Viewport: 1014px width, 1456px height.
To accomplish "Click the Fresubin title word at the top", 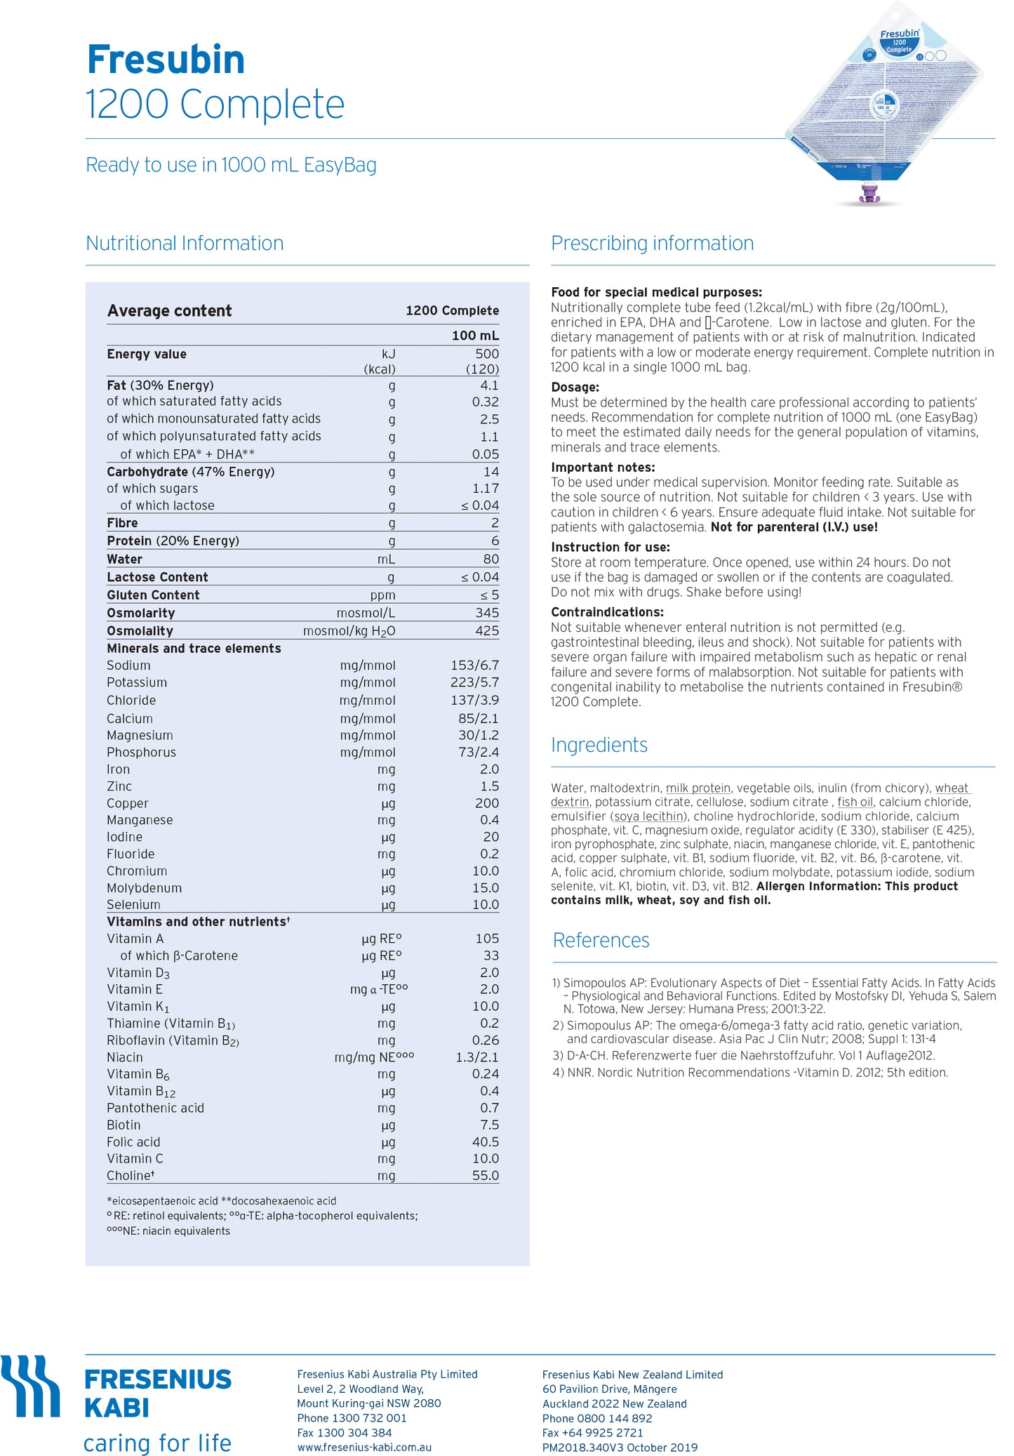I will tap(166, 60).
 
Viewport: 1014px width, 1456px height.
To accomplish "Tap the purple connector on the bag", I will tap(871, 193).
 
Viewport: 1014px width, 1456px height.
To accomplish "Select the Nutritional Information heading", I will tap(185, 243).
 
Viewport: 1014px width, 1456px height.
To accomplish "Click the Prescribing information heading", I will tap(652, 243).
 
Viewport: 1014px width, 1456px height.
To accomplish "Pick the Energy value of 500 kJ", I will tap(486, 354).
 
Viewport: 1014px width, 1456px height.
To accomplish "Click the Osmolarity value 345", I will tap(486, 613).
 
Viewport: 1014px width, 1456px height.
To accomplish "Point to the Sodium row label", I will tap(128, 666).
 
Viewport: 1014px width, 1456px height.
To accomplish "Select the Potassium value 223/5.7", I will tap(474, 682).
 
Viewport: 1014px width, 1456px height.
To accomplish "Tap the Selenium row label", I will tap(133, 905).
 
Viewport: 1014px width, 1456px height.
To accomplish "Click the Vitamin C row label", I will tap(135, 1158).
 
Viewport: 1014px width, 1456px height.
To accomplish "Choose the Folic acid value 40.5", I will tap(485, 1142).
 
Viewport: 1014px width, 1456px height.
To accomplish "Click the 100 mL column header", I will tap(475, 336).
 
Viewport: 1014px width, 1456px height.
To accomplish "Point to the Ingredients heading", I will tap(599, 745).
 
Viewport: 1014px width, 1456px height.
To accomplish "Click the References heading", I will tap(601, 940).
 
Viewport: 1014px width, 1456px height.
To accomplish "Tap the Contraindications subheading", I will tap(607, 612).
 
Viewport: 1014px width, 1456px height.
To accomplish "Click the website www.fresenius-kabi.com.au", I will tap(364, 1447).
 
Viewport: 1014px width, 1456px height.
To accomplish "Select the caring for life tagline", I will tap(157, 1443).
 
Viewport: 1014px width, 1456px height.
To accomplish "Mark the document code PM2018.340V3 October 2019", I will tap(620, 1447).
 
